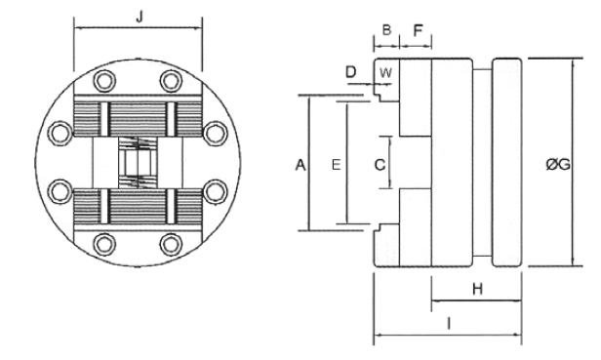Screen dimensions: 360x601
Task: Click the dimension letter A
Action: pos(301,166)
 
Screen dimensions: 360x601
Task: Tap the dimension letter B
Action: pos(386,31)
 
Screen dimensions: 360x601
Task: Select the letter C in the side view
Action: pos(381,165)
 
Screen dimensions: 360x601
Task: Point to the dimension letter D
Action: pos(351,73)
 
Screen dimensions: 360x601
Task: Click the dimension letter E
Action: pos(335,166)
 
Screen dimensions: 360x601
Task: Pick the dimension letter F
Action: pos(419,31)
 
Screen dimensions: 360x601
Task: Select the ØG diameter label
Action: pos(558,165)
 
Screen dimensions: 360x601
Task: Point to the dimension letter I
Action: pos(447,321)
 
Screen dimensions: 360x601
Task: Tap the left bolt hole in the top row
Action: pos(102,80)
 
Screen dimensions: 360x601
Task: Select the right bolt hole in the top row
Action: pos(172,80)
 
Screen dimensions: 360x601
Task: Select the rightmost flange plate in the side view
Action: pos(506,161)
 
